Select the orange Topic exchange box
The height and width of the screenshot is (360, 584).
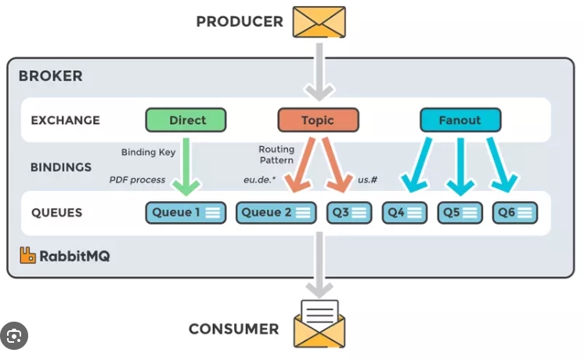coord(318,120)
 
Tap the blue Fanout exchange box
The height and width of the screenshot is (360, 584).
coord(460,120)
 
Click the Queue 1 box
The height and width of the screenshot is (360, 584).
coord(186,211)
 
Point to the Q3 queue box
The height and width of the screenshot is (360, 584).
coord(348,211)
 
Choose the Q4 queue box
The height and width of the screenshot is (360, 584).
coord(405,211)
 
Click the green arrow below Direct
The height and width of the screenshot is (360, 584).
coord(186,164)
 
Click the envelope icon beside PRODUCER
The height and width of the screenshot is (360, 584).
coord(318,21)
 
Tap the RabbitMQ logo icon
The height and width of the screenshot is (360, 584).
coord(28,254)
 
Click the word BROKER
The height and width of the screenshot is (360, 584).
coord(50,76)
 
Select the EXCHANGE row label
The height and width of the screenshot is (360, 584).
coord(65,120)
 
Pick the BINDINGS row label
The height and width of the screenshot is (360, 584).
coord(61,167)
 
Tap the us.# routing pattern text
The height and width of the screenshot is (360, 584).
coord(368,180)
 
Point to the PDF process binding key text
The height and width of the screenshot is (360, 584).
coord(137,180)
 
